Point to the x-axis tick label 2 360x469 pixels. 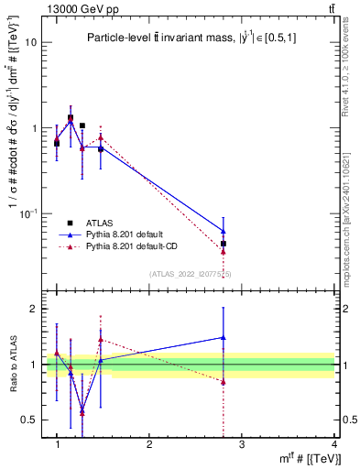[x=149, y=444]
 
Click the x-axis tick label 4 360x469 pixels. [x=334, y=444]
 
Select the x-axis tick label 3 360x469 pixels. [x=242, y=444]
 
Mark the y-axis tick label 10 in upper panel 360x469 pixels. [x=30, y=42]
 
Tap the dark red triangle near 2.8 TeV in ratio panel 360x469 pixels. [x=224, y=382]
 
